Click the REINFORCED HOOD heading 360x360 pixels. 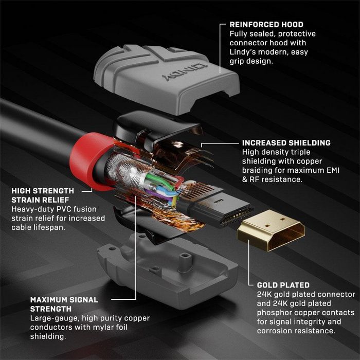(x=266, y=24)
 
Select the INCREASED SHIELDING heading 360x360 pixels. (x=286, y=142)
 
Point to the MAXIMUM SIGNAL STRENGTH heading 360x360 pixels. (x=64, y=303)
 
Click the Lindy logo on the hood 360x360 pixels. (x=198, y=72)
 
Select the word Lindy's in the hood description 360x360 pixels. (x=241, y=52)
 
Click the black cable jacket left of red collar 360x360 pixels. (x=36, y=123)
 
